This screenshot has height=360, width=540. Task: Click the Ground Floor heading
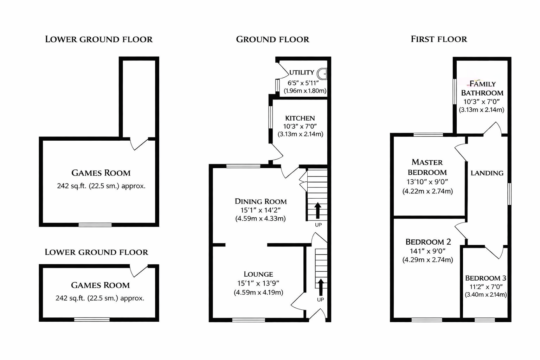click(272, 39)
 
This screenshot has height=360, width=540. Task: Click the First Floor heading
click(439, 39)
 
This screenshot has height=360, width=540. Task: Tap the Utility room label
click(302, 72)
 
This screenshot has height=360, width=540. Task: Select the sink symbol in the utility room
click(322, 74)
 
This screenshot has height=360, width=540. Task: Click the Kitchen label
click(300, 118)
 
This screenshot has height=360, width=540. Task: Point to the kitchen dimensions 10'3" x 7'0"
click(300, 126)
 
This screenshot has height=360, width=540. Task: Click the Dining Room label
click(261, 201)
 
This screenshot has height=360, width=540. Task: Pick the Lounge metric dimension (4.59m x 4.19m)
click(258, 292)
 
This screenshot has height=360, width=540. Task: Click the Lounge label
click(258, 274)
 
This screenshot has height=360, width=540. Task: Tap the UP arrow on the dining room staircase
click(318, 210)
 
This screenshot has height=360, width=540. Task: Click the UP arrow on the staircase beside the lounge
click(321, 287)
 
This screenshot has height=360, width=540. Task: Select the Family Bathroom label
click(482, 88)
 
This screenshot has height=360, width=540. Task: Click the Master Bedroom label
click(427, 167)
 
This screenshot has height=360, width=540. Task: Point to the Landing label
click(487, 173)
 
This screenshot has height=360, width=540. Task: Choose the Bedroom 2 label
click(428, 242)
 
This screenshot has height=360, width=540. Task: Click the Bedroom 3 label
click(486, 278)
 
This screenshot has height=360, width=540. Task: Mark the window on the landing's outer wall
click(509, 194)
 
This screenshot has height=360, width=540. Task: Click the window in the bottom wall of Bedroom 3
click(485, 320)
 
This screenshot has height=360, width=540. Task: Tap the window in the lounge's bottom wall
click(249, 320)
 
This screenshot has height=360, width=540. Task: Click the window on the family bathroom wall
click(455, 91)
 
